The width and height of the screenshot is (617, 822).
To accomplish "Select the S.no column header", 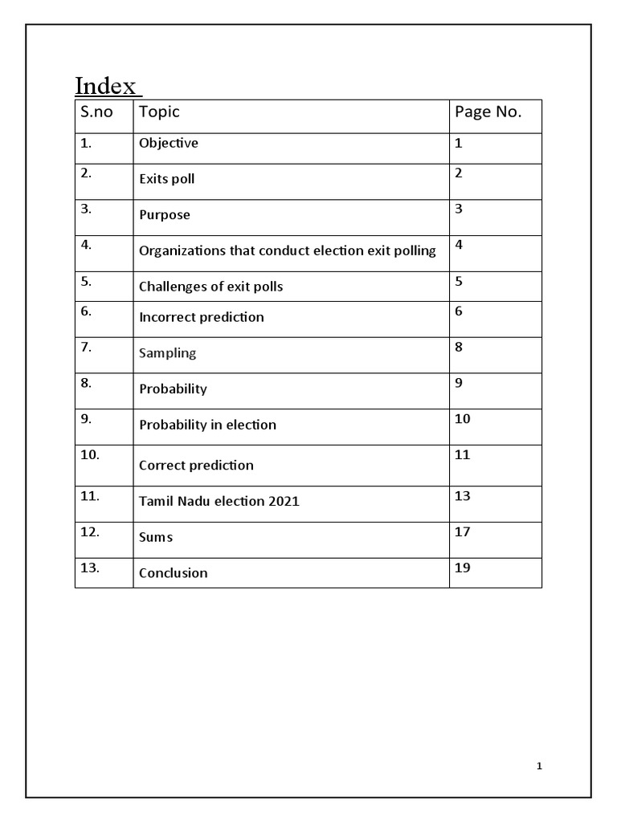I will click(x=96, y=112).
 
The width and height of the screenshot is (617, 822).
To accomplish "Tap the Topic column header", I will click(x=159, y=112).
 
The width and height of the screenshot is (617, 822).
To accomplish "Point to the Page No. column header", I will click(x=488, y=112).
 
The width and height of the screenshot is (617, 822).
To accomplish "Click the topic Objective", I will click(x=168, y=144).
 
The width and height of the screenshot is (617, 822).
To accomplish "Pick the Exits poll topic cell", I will click(x=166, y=179).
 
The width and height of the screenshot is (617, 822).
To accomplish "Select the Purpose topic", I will click(x=164, y=215).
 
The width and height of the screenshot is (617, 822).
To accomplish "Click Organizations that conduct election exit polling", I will click(x=287, y=250).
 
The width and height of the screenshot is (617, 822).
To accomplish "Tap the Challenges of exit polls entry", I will click(x=210, y=287).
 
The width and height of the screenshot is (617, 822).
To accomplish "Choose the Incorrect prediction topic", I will click(x=201, y=317).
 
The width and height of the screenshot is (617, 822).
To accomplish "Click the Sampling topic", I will click(x=167, y=353).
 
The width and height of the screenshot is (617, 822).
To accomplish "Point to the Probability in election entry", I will click(x=207, y=425).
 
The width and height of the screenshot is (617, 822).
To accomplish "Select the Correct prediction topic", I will click(x=196, y=466).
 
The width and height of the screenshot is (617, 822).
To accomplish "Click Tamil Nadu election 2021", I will click(x=219, y=502).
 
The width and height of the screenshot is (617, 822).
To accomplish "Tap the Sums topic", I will click(x=155, y=537).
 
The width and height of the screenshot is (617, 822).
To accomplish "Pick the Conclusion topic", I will click(x=173, y=573).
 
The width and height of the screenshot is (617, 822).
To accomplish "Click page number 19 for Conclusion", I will click(x=462, y=568).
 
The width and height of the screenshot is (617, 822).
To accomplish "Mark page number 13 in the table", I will click(x=462, y=496).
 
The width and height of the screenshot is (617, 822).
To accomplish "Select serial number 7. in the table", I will click(x=86, y=347).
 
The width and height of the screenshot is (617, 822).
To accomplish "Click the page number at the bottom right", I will click(x=540, y=767).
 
